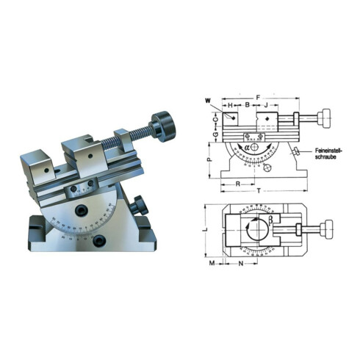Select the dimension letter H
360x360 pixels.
click(x=231, y=106)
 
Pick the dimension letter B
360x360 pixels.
click(x=248, y=106)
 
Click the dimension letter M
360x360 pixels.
click(x=212, y=262)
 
